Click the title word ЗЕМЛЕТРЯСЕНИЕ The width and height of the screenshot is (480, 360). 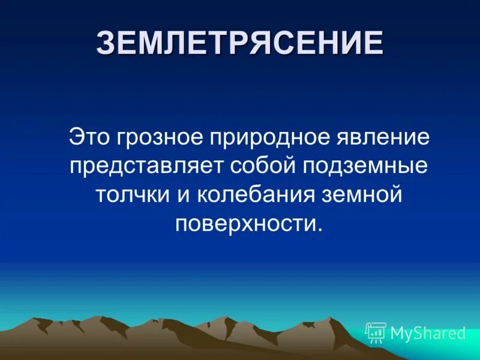pos(239,43)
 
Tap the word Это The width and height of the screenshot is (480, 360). pos(90,137)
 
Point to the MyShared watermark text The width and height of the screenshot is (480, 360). pos(428,333)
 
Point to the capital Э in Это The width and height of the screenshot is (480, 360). pos(76,137)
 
